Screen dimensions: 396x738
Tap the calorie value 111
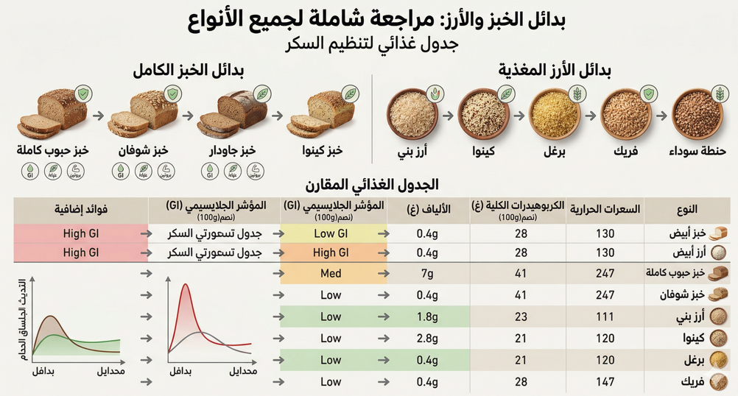tap(604, 317)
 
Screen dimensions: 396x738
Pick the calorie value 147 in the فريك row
tap(604, 382)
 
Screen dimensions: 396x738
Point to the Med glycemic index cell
tap(331, 274)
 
